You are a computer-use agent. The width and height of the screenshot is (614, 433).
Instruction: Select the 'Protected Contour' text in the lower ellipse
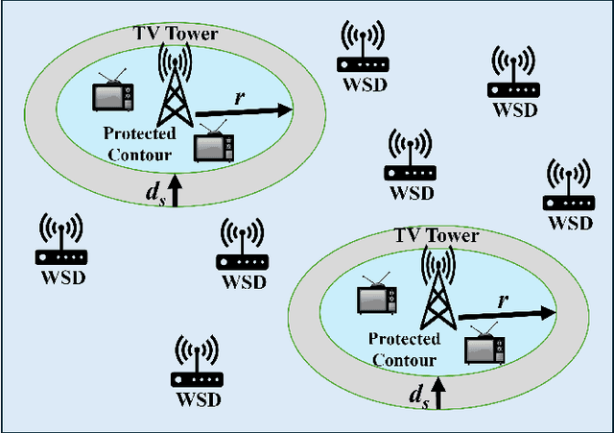pos(404,349)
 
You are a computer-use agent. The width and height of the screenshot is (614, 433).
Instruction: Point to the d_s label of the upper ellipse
pos(153,192)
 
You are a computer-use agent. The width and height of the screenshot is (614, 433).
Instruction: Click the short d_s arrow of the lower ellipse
pos(439,393)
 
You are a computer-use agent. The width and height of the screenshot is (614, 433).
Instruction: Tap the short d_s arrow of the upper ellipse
pos(175,187)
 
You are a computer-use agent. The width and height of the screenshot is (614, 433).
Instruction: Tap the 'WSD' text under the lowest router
pos(197,398)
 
